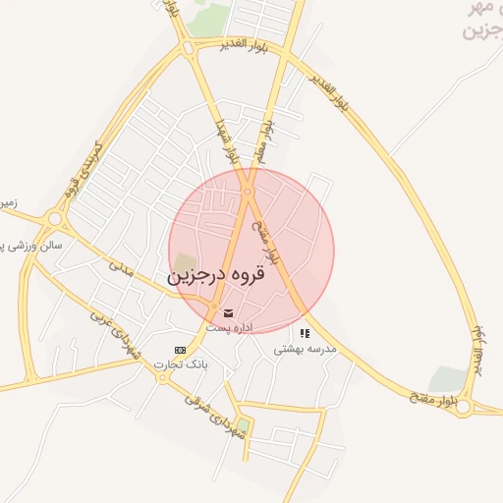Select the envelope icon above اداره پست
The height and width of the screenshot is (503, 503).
pyautogui.click(x=229, y=312)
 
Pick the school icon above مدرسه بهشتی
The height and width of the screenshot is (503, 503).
pyautogui.click(x=305, y=333)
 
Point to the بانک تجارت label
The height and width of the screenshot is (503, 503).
pyautogui.click(x=178, y=364)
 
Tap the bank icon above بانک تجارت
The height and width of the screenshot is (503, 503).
pyautogui.click(x=180, y=350)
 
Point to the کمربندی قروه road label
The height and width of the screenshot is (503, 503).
pyautogui.click(x=84, y=168)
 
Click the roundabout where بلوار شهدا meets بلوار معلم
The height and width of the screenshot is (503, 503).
pyautogui.click(x=248, y=192)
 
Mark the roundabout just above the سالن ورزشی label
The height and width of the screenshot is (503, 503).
pyautogui.click(x=54, y=218)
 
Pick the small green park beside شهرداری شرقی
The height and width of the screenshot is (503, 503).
pyautogui.click(x=243, y=425)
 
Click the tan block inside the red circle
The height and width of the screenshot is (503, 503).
pyautogui.click(x=185, y=262)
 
